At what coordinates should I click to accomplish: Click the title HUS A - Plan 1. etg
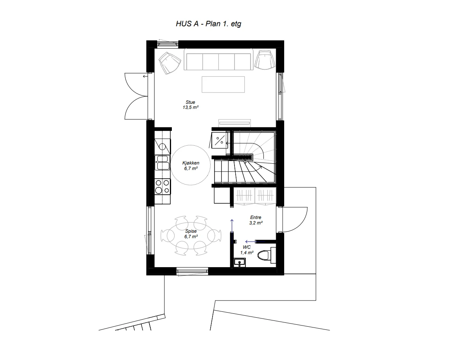[x=208, y=24]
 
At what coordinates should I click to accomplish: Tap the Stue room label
[x=190, y=102]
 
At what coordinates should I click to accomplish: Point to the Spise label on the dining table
[x=191, y=232]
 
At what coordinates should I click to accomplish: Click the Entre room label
[x=256, y=217]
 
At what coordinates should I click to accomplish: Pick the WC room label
[x=246, y=248]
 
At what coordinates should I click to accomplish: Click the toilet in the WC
[x=265, y=255]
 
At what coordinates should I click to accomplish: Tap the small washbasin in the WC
[x=238, y=262]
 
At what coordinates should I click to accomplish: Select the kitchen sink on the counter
[x=162, y=163]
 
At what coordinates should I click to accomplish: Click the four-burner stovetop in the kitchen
[x=162, y=186]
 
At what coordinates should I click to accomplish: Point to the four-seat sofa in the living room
[x=218, y=60]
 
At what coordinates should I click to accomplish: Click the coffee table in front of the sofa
[x=223, y=84]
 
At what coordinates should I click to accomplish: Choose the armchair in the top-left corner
[x=170, y=62]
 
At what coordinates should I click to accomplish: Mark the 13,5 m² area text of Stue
[x=190, y=107]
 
